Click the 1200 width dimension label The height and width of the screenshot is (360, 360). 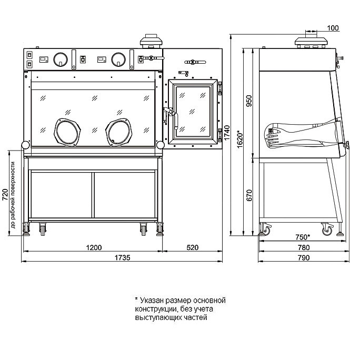pos(94,247)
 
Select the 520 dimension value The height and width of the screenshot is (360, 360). pos(193,247)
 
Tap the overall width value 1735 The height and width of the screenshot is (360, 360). pos(123,257)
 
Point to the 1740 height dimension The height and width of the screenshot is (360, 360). pos(227,133)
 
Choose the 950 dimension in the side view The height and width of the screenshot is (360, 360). pos(249,101)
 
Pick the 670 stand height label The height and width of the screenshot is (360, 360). pos(249,195)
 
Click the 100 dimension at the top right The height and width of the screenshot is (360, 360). pos(333,28)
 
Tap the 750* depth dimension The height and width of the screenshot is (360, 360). pos(303,237)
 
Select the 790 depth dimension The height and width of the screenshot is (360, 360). pos(304,257)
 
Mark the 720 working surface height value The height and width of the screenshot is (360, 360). pos(5,195)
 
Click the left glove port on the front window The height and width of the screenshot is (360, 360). pos(67,132)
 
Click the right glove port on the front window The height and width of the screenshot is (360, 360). pos(119,132)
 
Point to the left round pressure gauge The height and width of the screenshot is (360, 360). pos(61,59)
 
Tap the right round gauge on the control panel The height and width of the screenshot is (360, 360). pos(118,59)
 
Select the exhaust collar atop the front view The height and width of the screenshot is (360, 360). pos(151,42)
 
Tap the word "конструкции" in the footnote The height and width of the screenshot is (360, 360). pos(155,309)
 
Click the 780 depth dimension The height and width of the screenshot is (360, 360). pos(304,247)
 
